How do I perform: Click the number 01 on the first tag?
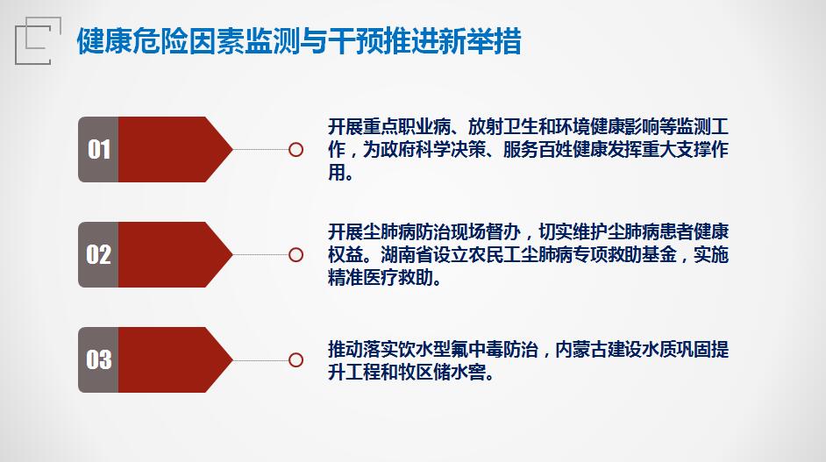(x=99, y=150)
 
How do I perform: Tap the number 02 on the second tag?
(x=99, y=254)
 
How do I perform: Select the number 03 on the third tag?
(x=99, y=359)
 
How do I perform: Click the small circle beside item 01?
(x=296, y=150)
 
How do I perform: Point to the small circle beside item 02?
(x=296, y=255)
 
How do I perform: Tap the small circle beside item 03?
(x=296, y=360)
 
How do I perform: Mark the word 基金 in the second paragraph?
(x=659, y=255)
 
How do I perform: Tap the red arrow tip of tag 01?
(x=231, y=150)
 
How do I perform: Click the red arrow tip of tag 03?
(x=231, y=359)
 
